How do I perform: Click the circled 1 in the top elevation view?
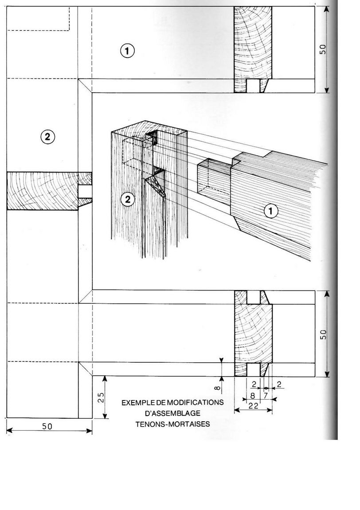[127, 51]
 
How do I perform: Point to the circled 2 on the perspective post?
[128, 200]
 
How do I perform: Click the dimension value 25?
[100, 397]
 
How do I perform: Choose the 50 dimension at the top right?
[323, 49]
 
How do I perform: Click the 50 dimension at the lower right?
[323, 334]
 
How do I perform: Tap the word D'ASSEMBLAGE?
[173, 413]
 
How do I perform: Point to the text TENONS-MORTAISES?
[173, 424]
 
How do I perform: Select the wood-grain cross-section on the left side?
[42, 191]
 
